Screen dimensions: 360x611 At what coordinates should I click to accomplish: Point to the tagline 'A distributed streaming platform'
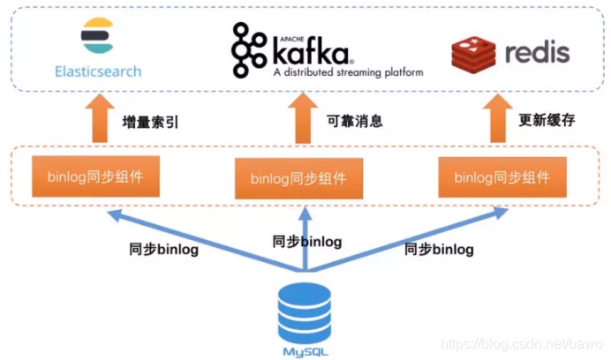pos(346,72)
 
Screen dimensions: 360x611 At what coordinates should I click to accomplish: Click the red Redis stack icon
pos(473,52)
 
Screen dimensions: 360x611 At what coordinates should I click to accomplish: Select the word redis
pos(538,51)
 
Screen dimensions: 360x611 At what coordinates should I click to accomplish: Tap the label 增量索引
pos(149,122)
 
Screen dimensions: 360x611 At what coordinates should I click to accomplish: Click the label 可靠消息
pos(354,121)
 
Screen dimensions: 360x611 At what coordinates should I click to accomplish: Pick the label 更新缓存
pos(546,120)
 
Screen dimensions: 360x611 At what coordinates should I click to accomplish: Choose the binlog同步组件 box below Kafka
pos(298,179)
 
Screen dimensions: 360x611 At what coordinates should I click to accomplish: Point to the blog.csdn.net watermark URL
pos(521,341)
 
